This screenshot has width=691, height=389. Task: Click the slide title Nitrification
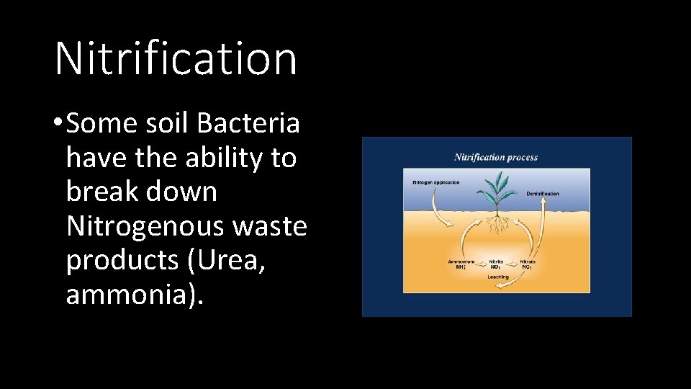pyautogui.click(x=176, y=58)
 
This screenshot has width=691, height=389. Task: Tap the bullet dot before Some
pyautogui.click(x=57, y=125)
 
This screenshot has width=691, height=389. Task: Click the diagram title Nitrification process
pyautogui.click(x=496, y=157)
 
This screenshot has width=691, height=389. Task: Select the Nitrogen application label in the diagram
pyautogui.click(x=435, y=182)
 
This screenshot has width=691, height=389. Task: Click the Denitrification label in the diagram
pyautogui.click(x=543, y=194)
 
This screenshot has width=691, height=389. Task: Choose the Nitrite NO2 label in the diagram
pyautogui.click(x=496, y=264)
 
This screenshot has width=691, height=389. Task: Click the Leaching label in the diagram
pyautogui.click(x=497, y=277)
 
